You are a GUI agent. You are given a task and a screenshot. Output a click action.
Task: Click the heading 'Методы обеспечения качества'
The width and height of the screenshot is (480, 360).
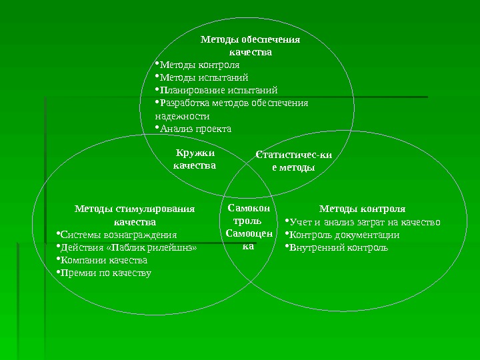pos(250,45)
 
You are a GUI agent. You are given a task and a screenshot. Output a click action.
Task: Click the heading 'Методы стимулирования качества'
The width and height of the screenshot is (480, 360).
pos(135,215)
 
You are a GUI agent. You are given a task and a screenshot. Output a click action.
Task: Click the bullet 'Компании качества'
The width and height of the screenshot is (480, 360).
pos(103,260)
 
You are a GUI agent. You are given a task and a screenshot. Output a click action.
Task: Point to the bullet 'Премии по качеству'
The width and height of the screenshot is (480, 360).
pos(105,273)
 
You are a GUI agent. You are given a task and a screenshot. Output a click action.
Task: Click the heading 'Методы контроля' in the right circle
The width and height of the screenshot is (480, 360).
pos(362,209)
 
